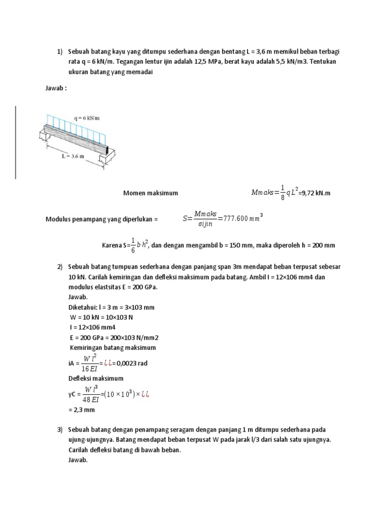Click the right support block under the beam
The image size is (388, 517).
tap(108, 160)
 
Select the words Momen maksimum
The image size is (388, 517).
tap(151, 193)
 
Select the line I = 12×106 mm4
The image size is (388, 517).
tap(92, 327)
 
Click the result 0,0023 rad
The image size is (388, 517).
tap(132, 363)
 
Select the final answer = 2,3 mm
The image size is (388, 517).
tap(81, 410)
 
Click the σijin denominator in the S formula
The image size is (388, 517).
tap(204, 225)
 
